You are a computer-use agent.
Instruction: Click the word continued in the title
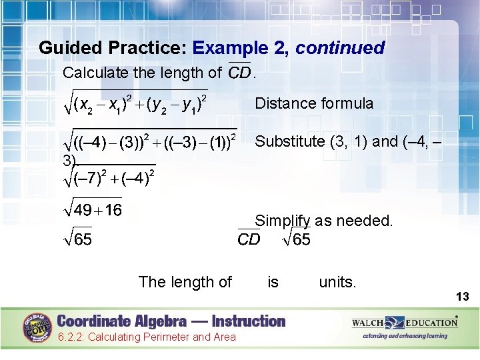click(340, 48)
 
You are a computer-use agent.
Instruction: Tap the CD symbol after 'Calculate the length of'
click(239, 71)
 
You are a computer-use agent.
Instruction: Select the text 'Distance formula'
click(314, 103)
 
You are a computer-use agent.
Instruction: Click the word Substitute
click(290, 141)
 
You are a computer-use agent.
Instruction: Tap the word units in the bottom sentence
click(337, 282)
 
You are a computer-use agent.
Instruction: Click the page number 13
click(463, 296)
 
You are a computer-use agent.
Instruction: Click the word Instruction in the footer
click(245, 321)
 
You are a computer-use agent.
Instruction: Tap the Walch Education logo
click(405, 323)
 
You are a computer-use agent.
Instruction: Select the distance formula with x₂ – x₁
click(136, 103)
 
